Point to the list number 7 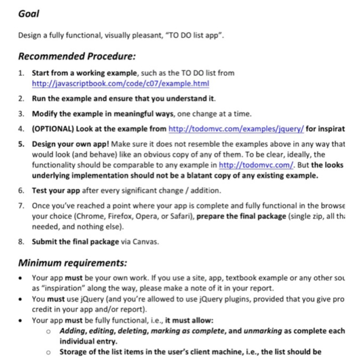(x=21, y=205)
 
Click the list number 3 (x=21, y=113)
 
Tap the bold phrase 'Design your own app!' (x=70, y=143)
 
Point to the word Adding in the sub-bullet (x=73, y=331)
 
